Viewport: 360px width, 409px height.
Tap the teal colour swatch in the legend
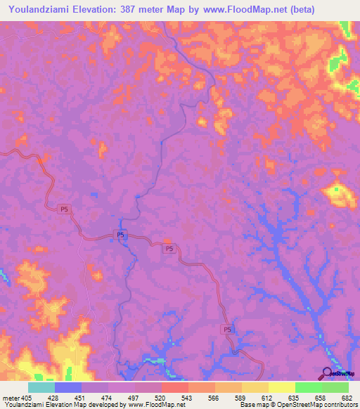41,387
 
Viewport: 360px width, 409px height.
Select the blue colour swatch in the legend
68,387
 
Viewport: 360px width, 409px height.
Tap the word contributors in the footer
340,405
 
